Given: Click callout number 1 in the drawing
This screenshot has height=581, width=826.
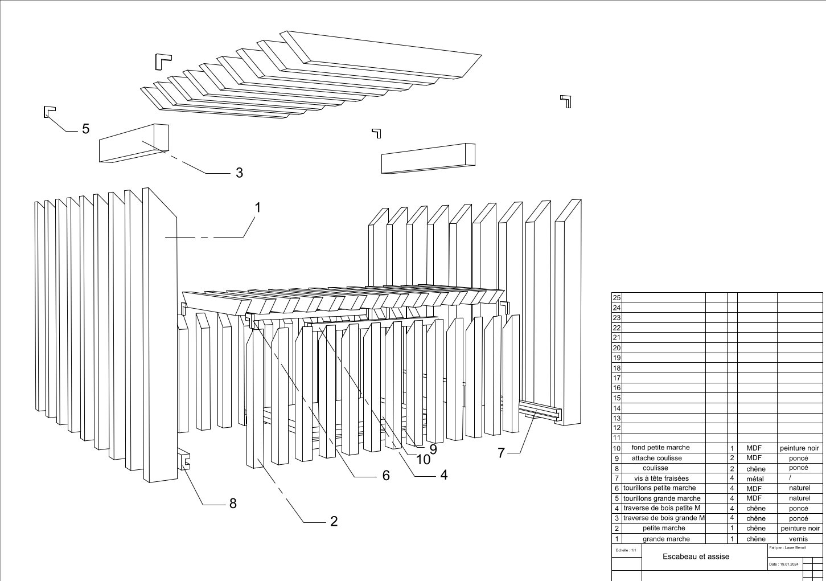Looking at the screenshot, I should pyautogui.click(x=257, y=208).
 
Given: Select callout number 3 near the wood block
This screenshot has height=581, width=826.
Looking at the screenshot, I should pyautogui.click(x=239, y=173).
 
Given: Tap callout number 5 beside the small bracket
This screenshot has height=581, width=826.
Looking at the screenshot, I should pyautogui.click(x=85, y=129).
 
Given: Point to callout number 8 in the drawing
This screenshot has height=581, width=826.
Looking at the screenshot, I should pyautogui.click(x=232, y=504).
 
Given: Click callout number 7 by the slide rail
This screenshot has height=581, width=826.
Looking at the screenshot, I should pyautogui.click(x=501, y=453).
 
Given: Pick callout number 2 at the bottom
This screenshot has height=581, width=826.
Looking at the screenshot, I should pyautogui.click(x=334, y=521).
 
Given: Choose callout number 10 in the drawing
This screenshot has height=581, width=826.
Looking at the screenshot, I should pyautogui.click(x=424, y=460).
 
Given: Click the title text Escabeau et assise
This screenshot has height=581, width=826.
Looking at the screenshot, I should pyautogui.click(x=696, y=557).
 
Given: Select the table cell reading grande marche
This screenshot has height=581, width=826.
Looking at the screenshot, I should pyautogui.click(x=665, y=539).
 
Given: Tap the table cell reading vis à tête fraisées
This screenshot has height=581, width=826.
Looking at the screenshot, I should pyautogui.click(x=661, y=478).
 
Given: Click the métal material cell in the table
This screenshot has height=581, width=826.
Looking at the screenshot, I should pyautogui.click(x=754, y=479).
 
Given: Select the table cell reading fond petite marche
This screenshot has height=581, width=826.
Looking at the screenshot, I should pyautogui.click(x=660, y=448).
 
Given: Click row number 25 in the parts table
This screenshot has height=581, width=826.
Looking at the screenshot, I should pyautogui.click(x=616, y=298).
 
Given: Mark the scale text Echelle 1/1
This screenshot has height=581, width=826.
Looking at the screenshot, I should pyautogui.click(x=626, y=550).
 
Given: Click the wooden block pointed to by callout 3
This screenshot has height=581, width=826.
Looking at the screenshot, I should pyautogui.click(x=134, y=143).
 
